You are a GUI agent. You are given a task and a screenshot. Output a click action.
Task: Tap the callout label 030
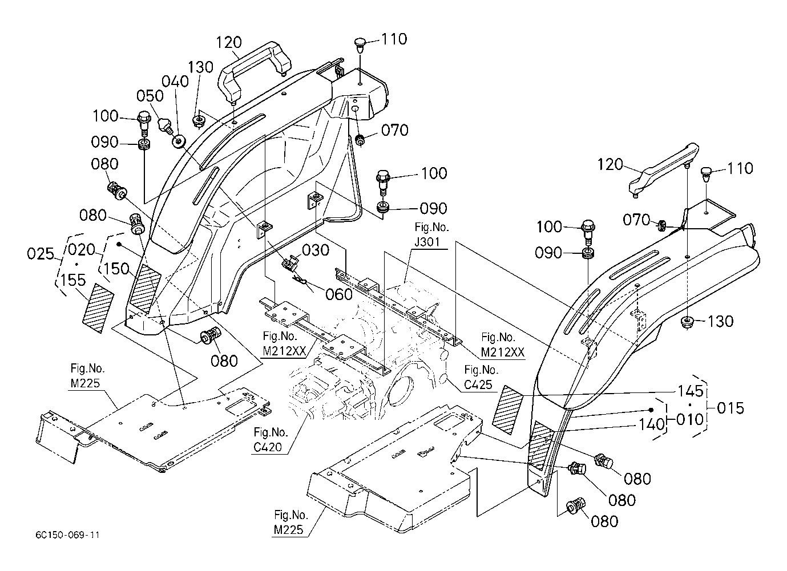pos(316,250)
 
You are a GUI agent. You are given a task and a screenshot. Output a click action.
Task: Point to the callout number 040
pos(175,82)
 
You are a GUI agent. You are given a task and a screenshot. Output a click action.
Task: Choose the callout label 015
pos(731,408)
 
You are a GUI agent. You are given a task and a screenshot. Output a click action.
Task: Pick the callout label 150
pos(116,269)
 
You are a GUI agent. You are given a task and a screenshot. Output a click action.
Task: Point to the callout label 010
pos(689,420)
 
